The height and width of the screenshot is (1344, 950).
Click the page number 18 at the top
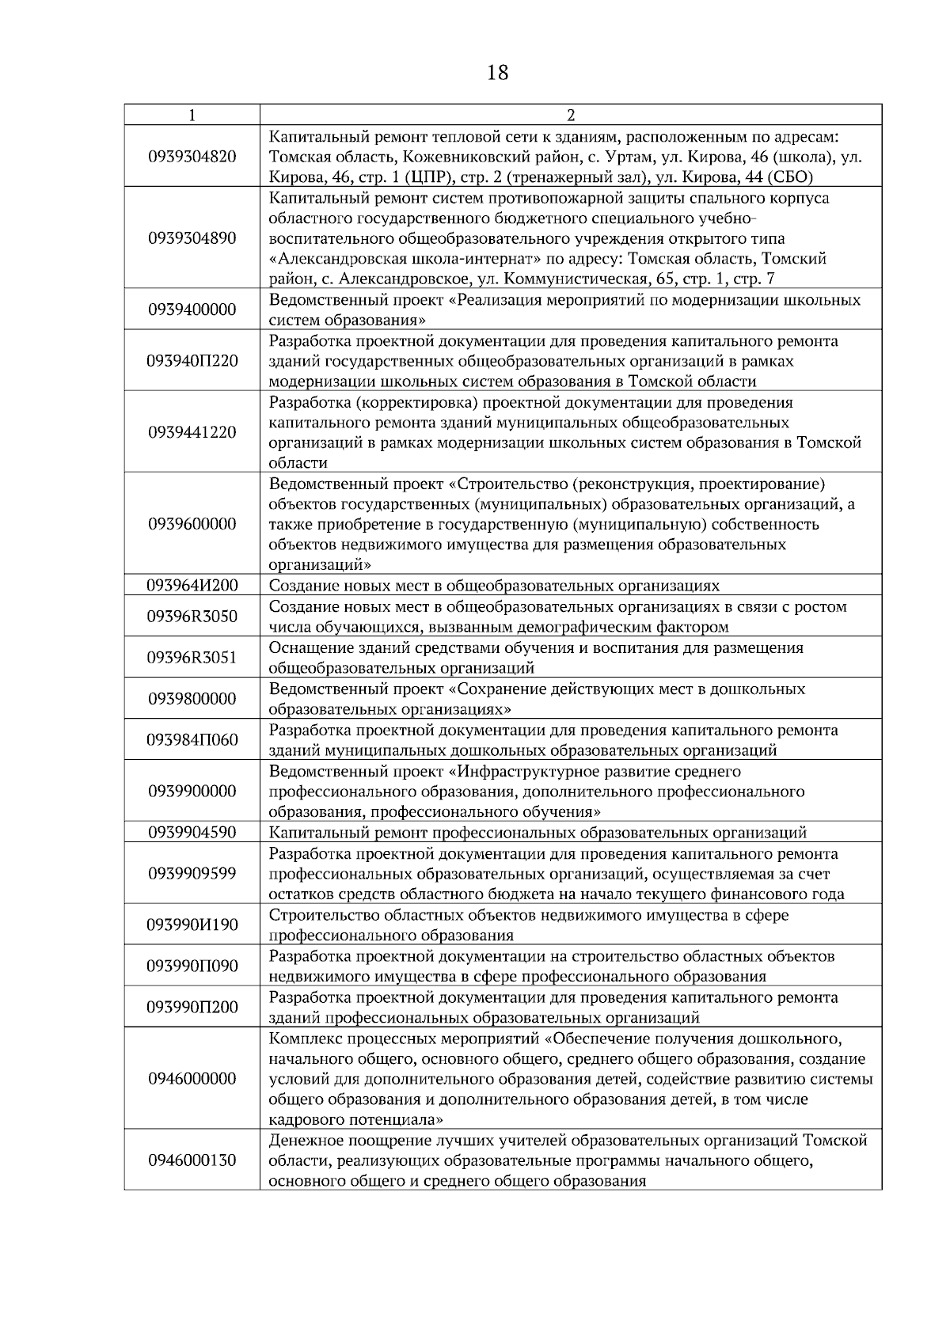pos(497,73)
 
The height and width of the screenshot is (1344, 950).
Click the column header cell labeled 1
pos(192,115)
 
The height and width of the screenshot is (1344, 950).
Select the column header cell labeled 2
pos(570,115)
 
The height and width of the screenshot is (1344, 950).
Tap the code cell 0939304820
pos(192,157)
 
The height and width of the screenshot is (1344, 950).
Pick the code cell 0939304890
pos(192,238)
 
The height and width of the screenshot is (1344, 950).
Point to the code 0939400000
pos(192,309)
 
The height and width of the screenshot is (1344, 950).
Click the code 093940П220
pos(192,361)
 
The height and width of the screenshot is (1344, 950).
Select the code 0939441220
pos(192,432)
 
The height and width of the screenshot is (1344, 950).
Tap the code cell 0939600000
pos(192,524)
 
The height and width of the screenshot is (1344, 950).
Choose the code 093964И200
pos(192,586)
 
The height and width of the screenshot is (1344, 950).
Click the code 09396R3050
pos(192,617)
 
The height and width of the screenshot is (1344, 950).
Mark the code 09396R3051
pos(192,658)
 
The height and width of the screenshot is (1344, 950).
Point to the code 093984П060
pos(192,740)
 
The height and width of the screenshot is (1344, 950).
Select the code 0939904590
pos(192,832)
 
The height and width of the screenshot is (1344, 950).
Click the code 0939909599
pos(192,873)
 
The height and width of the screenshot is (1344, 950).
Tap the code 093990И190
pos(192,924)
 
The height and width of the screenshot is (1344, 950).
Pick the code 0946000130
pos(192,1160)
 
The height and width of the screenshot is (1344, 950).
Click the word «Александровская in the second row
pos(331,259)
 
